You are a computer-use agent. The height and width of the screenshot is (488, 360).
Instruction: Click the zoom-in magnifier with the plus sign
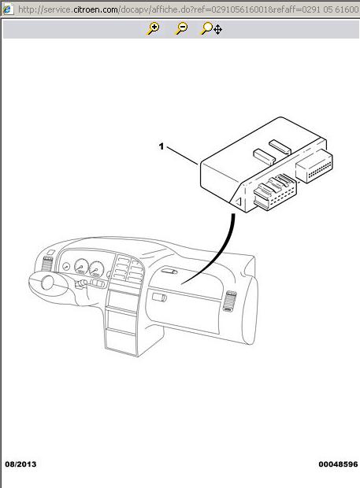153,28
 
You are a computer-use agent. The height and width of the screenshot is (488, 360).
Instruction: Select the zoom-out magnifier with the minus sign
181,28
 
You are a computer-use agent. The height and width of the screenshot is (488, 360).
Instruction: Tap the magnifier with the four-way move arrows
211,28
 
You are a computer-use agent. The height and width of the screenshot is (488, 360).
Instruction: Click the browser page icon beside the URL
7,9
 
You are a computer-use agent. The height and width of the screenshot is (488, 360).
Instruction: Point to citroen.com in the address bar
95,9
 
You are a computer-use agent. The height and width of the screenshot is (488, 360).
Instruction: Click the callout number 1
161,146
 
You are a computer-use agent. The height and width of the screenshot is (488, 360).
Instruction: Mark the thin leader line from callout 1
183,155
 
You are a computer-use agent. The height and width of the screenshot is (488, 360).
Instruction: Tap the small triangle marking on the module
238,201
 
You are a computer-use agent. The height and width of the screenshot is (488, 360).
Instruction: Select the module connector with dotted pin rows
314,165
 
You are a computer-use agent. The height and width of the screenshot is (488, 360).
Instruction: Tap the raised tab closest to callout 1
265,155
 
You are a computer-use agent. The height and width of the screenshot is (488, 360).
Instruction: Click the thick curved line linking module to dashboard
215,254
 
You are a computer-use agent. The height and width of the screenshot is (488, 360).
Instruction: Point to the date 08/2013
20,464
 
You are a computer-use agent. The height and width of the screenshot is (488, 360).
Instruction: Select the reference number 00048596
338,464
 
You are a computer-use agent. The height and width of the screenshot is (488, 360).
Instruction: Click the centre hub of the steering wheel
48,283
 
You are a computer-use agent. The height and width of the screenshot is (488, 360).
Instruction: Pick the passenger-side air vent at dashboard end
229,301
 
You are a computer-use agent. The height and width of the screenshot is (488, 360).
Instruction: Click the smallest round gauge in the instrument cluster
65,266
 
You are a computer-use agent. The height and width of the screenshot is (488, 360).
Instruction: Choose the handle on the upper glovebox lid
169,271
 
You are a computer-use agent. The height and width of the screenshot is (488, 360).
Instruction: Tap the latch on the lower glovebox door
159,298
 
